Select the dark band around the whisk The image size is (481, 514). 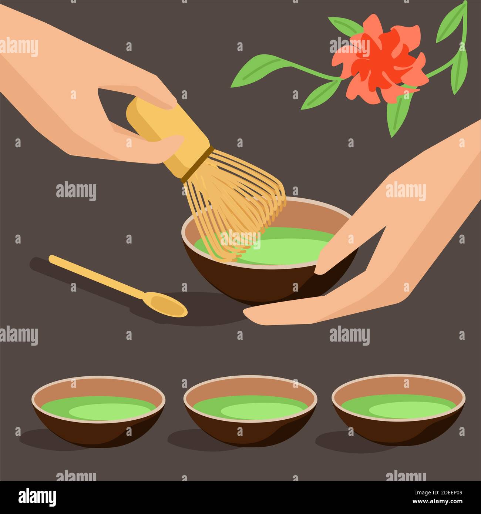[198, 163]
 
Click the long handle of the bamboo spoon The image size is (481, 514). [96, 276]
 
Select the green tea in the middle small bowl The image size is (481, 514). [250, 407]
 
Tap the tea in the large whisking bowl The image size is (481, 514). [281, 248]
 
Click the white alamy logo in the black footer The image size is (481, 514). [37, 497]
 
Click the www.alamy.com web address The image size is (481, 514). [437, 502]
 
